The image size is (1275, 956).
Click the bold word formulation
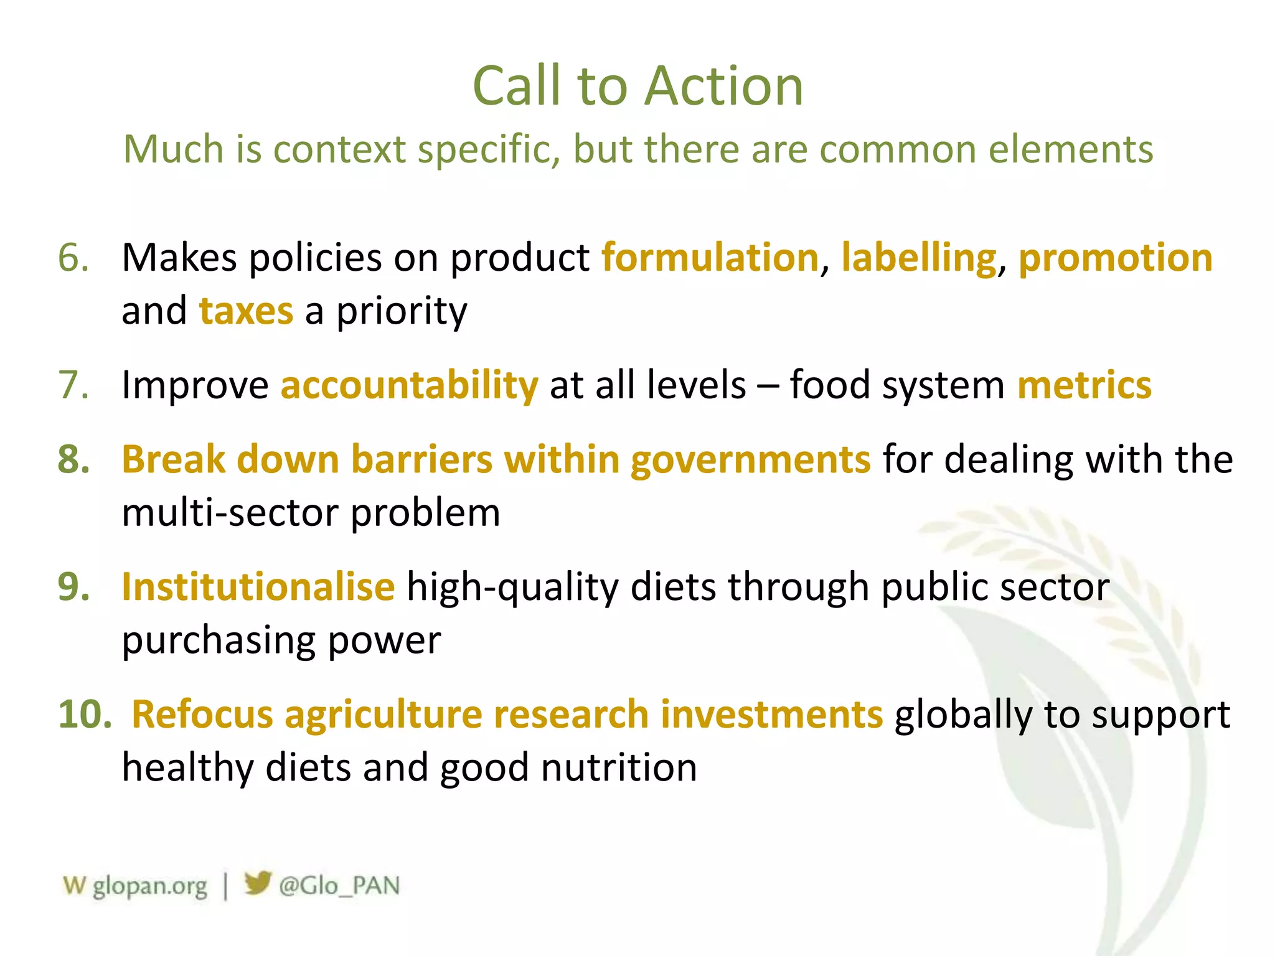click(710, 258)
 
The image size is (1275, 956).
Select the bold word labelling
click(918, 258)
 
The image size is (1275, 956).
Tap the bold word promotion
click(1115, 258)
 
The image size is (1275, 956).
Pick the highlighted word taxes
click(246, 311)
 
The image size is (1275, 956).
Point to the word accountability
click(409, 385)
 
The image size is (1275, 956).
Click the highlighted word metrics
click(1084, 385)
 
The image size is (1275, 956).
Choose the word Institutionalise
click(258, 586)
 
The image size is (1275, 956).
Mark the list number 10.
click(85, 714)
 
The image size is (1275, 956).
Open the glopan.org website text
click(149, 886)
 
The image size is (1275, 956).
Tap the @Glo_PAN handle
click(339, 886)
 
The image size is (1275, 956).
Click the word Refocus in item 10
click(202, 714)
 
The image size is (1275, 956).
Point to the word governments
click(750, 459)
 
